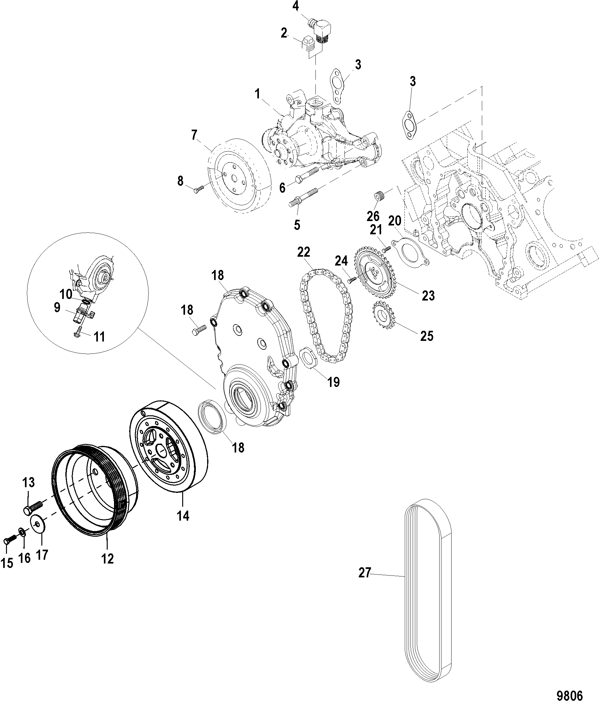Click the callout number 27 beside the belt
click(x=365, y=573)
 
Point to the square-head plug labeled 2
click(x=307, y=44)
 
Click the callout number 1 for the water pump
click(x=257, y=94)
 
